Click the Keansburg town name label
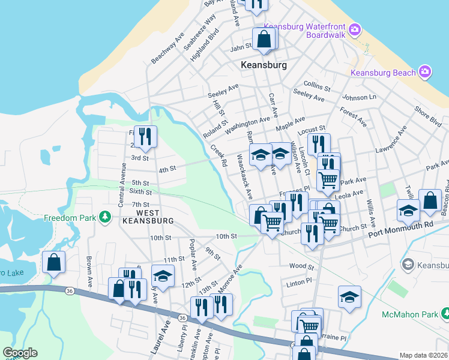(264, 65)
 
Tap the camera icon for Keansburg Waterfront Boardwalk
(355, 29)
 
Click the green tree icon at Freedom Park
(106, 216)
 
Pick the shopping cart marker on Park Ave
(327, 179)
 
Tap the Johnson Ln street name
(359, 97)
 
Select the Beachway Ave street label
(167, 48)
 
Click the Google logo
(20, 353)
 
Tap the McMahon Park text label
(409, 314)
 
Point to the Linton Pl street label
(300, 281)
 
